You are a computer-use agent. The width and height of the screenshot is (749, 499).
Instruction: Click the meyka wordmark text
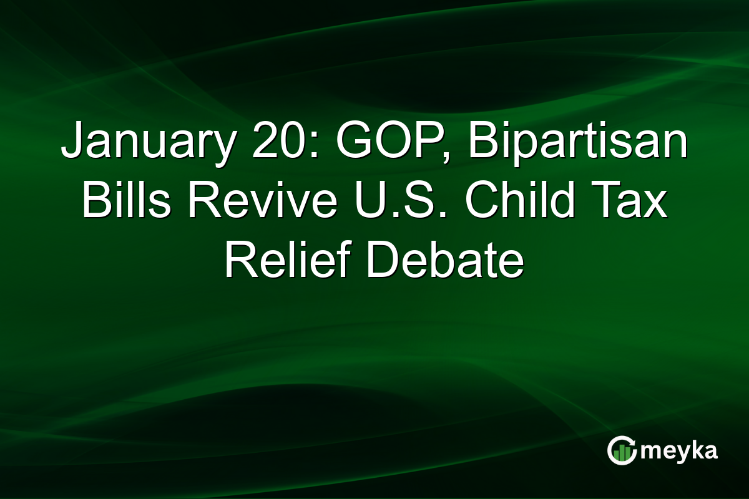coord(678,451)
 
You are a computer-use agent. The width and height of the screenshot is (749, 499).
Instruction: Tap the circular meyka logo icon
coord(622,451)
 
